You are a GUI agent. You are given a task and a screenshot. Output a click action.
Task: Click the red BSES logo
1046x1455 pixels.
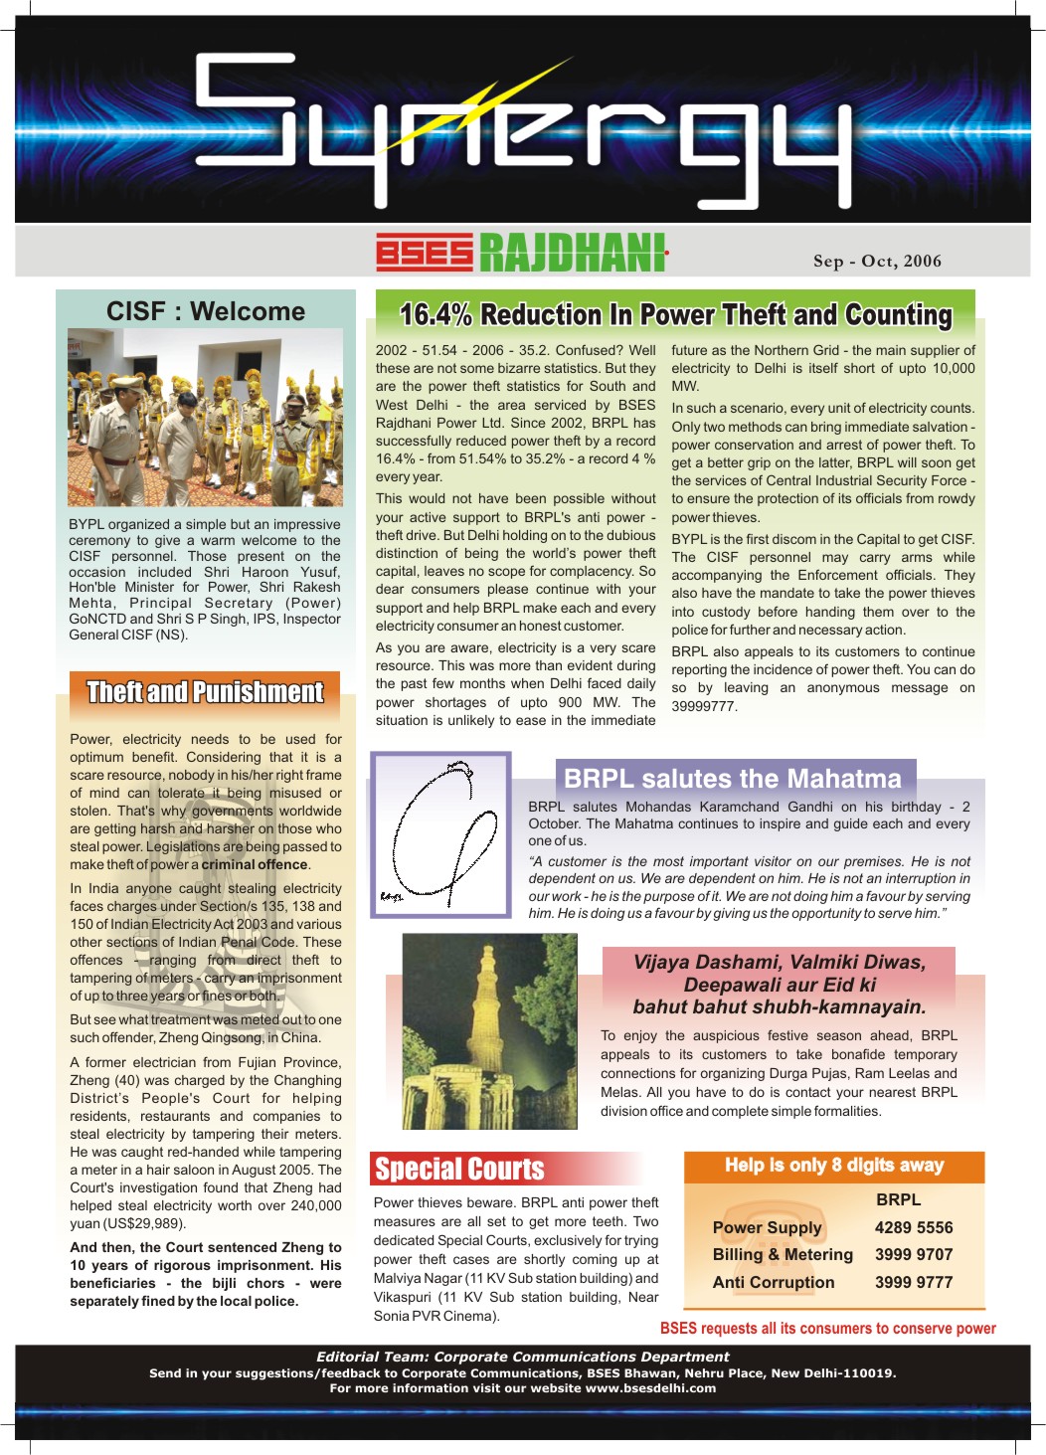coord(424,253)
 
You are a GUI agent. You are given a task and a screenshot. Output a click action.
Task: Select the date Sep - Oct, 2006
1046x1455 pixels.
coord(876,262)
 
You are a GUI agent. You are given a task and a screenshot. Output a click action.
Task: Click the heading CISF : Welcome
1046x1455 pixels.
coord(206,311)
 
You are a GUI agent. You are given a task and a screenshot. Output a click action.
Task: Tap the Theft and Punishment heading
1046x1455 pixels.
coord(205,692)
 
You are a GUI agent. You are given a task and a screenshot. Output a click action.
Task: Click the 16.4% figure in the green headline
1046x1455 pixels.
coord(436,315)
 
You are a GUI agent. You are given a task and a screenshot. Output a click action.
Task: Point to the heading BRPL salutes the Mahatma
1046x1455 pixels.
coord(733,779)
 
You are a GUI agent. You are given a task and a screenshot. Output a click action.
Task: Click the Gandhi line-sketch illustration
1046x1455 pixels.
coord(439,834)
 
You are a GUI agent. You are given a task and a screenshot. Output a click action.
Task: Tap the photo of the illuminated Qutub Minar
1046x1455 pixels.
coord(489,1030)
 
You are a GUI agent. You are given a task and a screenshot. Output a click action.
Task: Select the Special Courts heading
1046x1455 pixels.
coord(459,1169)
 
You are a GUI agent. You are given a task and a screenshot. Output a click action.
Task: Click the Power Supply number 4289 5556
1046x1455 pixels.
coord(913,1228)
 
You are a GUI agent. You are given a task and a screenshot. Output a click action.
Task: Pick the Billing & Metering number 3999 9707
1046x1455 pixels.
coord(913,1255)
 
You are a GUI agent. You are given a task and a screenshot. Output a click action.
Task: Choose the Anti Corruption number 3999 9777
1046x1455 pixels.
coord(913,1283)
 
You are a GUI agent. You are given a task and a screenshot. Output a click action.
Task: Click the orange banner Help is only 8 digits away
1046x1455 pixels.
coord(833,1166)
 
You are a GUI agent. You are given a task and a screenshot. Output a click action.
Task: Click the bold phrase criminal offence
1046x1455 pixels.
coord(255,865)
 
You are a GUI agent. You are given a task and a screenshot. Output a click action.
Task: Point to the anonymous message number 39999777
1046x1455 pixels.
coord(704,706)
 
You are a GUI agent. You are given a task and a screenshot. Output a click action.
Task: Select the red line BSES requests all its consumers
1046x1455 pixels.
coord(827,1329)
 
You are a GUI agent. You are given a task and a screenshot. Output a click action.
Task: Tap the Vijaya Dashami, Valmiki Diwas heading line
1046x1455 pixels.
coord(779,963)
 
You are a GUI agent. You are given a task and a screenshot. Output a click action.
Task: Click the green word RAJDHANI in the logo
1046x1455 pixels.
coord(572,253)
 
